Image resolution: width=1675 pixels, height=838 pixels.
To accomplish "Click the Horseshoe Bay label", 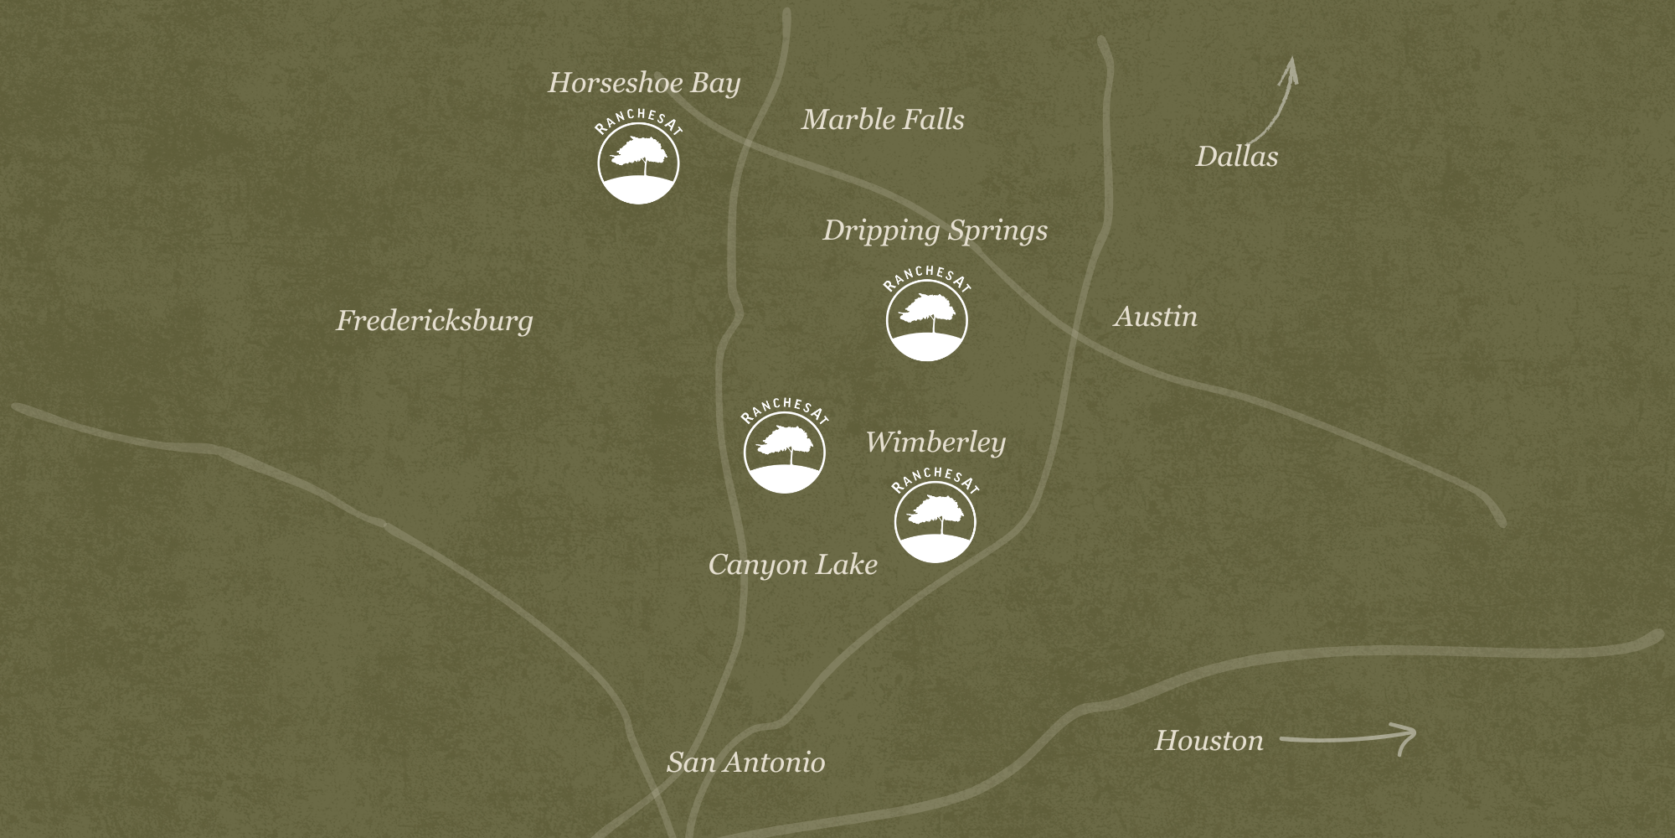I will [x=644, y=83].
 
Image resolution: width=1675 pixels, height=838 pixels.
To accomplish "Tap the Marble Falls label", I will [x=883, y=120].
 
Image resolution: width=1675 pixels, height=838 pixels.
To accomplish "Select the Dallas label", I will [x=1236, y=157].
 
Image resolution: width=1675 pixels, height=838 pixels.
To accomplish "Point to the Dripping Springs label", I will [x=935, y=230].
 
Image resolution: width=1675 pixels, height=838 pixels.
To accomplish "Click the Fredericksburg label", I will [x=434, y=321].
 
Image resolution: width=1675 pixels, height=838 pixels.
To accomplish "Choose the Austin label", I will [x=1156, y=317].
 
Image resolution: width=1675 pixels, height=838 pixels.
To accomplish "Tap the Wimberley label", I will [x=935, y=442].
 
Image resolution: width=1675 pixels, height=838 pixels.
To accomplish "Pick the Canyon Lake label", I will [x=792, y=565].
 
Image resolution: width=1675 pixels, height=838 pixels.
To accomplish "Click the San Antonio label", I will [x=745, y=763].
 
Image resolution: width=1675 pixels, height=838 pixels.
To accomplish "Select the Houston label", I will [x=1209, y=741].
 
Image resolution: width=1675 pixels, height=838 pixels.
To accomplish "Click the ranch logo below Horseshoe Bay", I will [x=638, y=159].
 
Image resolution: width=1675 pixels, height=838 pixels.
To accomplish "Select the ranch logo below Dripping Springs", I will [x=927, y=316].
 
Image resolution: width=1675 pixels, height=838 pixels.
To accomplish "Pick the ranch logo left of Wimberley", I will [x=785, y=448].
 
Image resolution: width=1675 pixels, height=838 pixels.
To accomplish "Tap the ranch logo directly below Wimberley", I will [x=935, y=518].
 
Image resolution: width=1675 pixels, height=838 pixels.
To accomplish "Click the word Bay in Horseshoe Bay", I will [x=715, y=84].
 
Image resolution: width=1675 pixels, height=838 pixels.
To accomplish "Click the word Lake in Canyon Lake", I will [x=847, y=565].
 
